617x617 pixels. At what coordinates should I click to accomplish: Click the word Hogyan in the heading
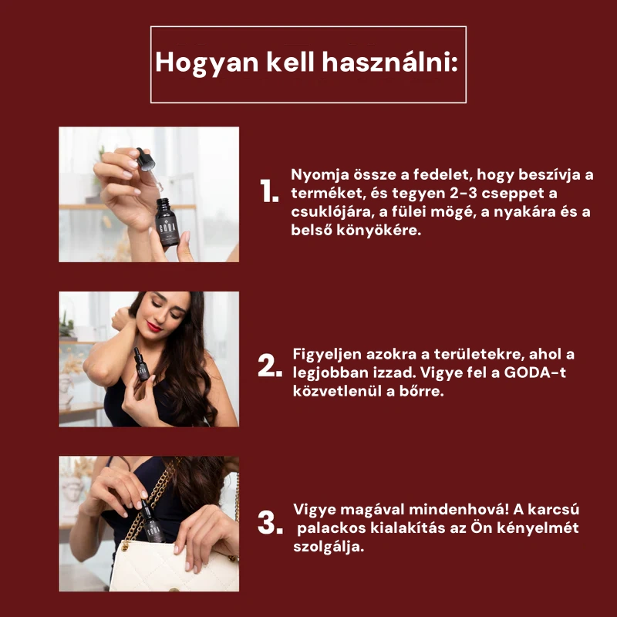207,63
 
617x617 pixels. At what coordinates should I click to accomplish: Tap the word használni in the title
390,62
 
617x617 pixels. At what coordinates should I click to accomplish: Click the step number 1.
269,190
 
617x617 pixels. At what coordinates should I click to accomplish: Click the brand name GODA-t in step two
534,373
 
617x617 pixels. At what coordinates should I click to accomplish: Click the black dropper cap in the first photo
146,160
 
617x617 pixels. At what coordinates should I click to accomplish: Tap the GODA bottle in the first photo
167,222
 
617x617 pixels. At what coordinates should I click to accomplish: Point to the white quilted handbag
173,566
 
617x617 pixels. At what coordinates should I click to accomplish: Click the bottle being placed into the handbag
152,521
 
